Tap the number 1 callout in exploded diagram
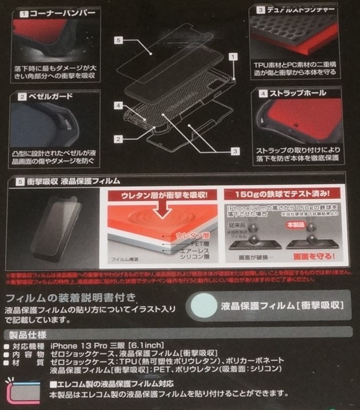233,57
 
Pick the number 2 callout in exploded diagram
117,138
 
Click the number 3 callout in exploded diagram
234,151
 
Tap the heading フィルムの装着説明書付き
70,297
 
